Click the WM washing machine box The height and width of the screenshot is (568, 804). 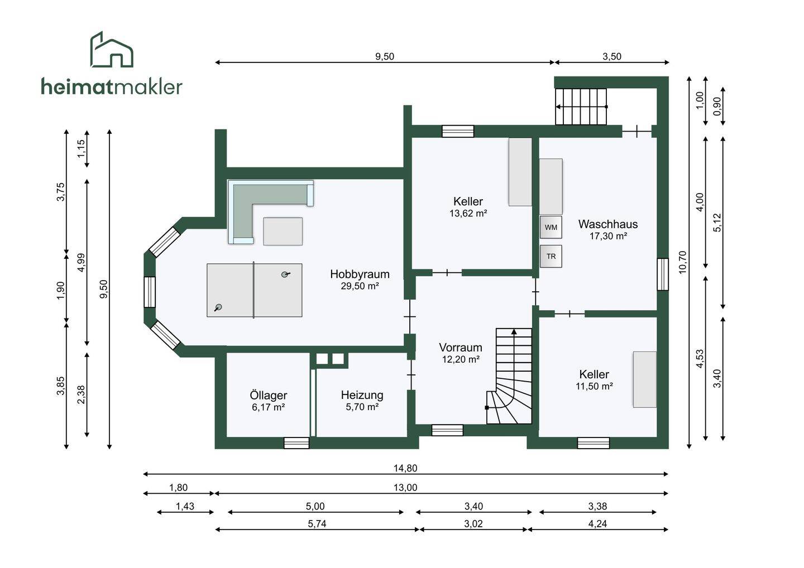[x=551, y=227]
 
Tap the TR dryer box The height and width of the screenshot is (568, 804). [x=551, y=257]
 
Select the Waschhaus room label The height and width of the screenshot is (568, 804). [x=607, y=224]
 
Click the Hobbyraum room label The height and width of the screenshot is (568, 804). [x=360, y=274]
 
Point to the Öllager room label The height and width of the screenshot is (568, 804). [x=268, y=396]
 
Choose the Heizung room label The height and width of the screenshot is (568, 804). [x=362, y=395]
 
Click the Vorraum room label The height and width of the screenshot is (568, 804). [x=460, y=347]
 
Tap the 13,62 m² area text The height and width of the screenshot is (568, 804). [x=468, y=213]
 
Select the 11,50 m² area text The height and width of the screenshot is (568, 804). [x=594, y=386]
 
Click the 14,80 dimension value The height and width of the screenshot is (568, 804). [x=405, y=468]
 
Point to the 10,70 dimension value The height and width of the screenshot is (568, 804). [x=682, y=262]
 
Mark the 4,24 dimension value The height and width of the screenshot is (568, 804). [x=597, y=524]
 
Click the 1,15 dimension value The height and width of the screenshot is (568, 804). [x=82, y=148]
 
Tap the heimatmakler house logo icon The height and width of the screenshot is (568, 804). [x=112, y=50]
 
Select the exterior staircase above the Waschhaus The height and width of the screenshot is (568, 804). [x=581, y=106]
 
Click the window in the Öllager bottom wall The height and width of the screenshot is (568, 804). [x=296, y=443]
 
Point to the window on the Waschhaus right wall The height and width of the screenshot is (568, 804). [x=662, y=274]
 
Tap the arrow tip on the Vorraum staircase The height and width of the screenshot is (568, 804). [x=514, y=331]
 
